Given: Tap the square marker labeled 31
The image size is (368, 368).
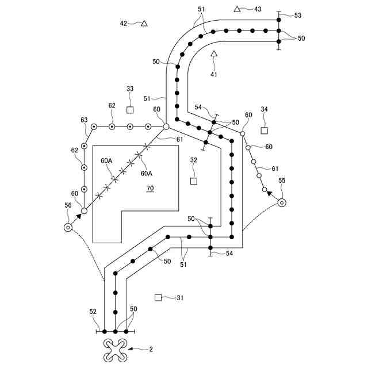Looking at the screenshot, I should click(x=158, y=297).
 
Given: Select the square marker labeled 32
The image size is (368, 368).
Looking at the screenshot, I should click(x=194, y=181).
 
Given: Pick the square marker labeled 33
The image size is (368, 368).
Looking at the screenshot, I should click(x=130, y=110).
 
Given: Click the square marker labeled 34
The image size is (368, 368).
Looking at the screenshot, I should click(x=264, y=131).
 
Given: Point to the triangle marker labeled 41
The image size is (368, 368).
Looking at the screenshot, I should click(x=213, y=54).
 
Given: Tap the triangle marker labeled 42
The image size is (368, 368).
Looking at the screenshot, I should click(x=144, y=24).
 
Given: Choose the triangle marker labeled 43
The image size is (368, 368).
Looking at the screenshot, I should click(x=237, y=9).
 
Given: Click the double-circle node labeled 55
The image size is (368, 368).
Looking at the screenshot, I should click(x=282, y=202).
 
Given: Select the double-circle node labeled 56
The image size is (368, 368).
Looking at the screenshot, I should click(x=68, y=227).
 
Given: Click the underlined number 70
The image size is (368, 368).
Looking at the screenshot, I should click(x=150, y=188).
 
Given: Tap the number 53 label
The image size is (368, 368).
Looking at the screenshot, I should click(x=297, y=16).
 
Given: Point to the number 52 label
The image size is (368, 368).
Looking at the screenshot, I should click(x=93, y=311).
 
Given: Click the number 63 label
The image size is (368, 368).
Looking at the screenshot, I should click(x=84, y=120).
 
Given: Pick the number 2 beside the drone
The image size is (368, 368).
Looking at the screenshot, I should click(x=151, y=348).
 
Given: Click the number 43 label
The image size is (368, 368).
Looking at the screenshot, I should click(x=257, y=9).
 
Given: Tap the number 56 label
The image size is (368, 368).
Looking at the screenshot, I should click(x=68, y=205).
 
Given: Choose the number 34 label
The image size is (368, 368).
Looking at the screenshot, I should click(x=264, y=109).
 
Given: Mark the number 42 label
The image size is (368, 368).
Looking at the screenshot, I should click(x=124, y=24).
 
